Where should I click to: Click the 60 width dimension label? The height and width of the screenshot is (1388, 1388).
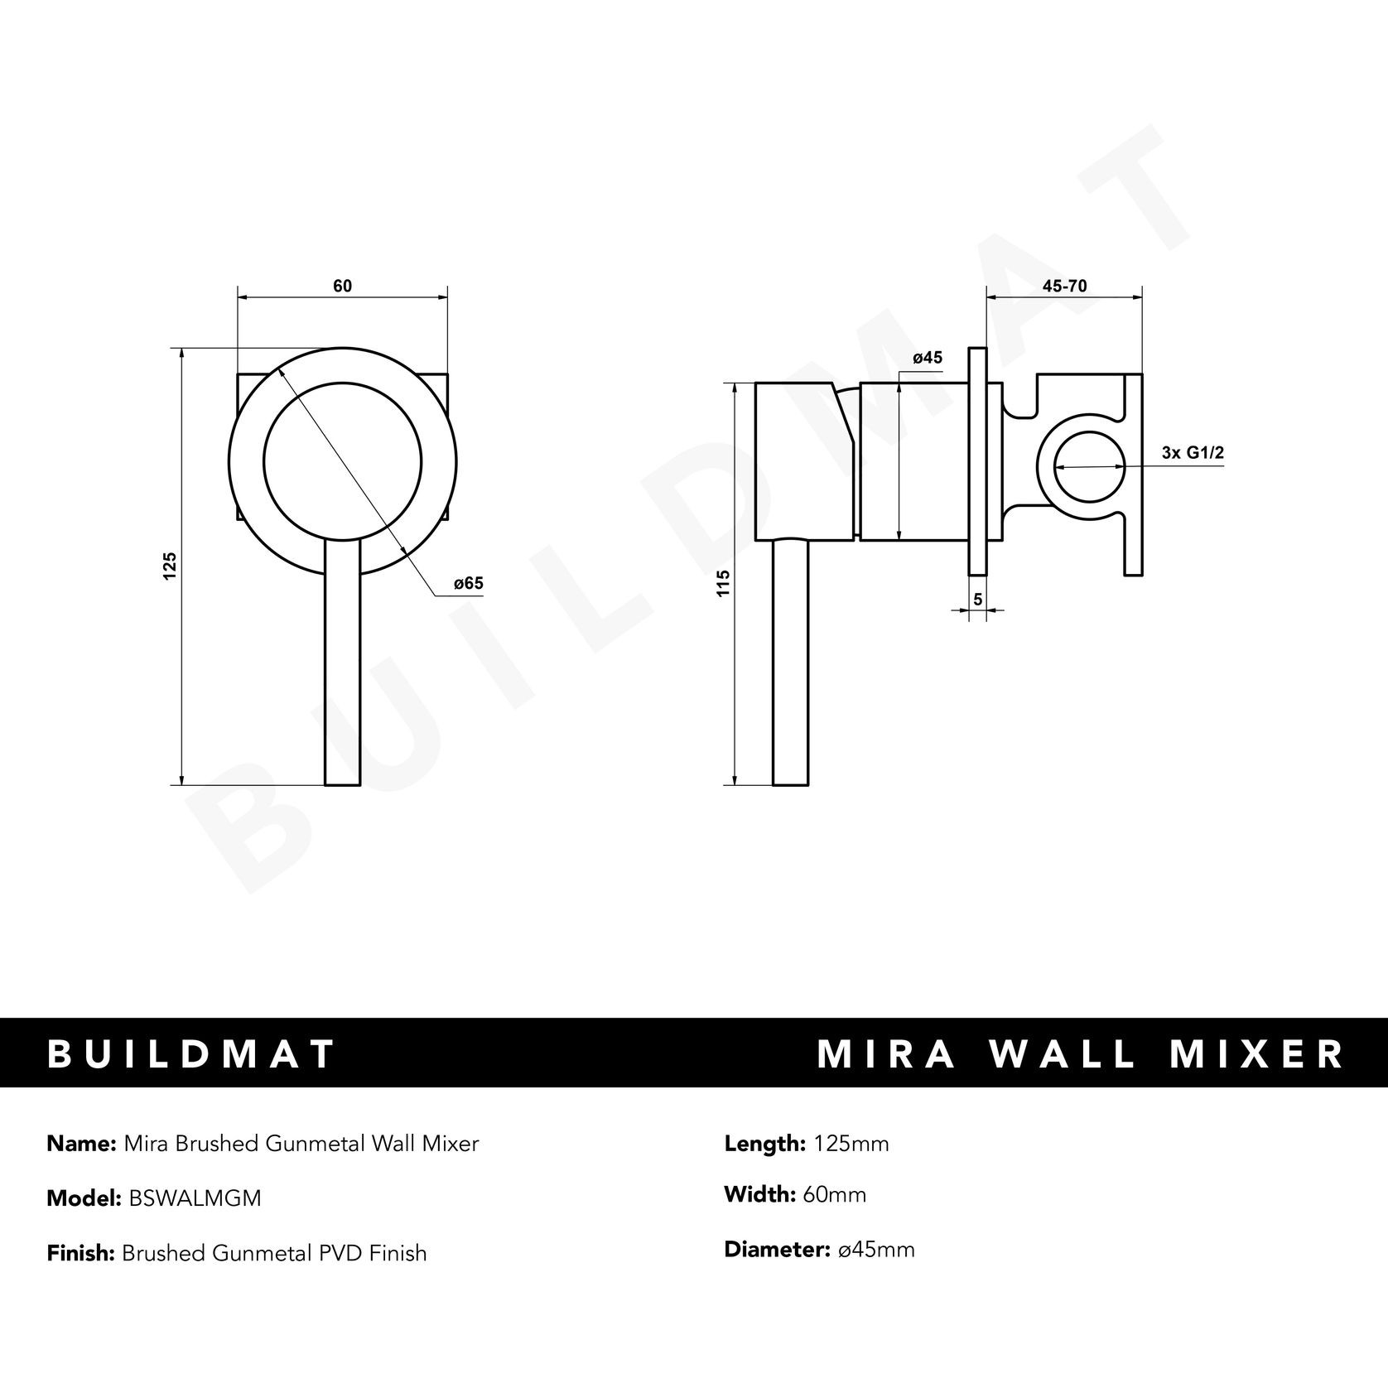click(342, 286)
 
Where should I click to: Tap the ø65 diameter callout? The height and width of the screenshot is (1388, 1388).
click(468, 584)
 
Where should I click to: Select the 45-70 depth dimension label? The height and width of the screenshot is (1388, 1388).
click(1064, 287)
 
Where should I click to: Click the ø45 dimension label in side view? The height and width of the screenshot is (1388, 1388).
click(927, 358)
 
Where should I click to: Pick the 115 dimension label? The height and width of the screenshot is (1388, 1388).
click(725, 583)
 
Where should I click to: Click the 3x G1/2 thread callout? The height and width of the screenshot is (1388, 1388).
click(1193, 452)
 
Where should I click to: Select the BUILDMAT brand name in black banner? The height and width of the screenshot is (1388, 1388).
click(191, 1053)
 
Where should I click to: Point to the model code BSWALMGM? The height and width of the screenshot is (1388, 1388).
click(195, 1198)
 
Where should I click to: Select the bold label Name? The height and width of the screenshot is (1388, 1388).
click(81, 1144)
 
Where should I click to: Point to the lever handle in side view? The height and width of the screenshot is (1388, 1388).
click(789, 663)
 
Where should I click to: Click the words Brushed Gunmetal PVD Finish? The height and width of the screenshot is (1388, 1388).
click(274, 1253)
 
